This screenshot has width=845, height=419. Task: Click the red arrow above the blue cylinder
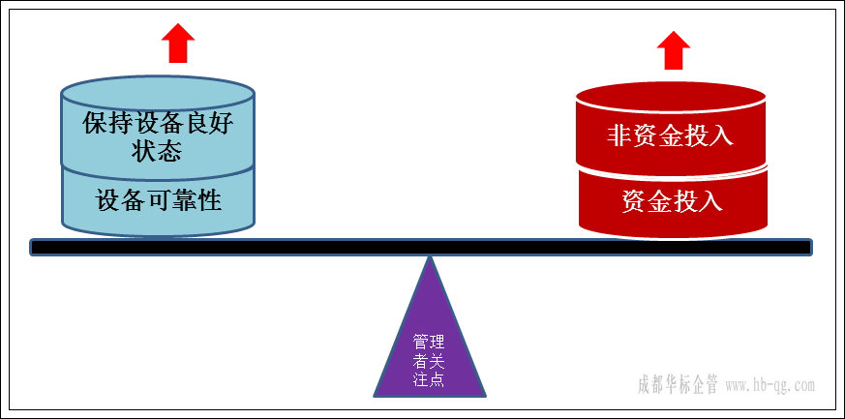(x=177, y=43)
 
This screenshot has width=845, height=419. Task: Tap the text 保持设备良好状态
(x=159, y=137)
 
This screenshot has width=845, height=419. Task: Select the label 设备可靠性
(x=159, y=200)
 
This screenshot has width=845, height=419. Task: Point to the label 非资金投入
(x=670, y=135)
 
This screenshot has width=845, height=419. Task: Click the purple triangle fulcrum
(x=430, y=339)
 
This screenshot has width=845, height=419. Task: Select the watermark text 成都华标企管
(x=678, y=384)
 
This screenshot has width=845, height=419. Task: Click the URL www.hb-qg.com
(x=770, y=385)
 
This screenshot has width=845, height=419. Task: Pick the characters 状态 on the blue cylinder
(x=158, y=152)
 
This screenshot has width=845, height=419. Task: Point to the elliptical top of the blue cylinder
(x=158, y=95)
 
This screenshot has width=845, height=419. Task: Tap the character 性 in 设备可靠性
(x=210, y=200)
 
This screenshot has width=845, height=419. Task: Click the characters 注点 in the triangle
(x=429, y=378)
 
